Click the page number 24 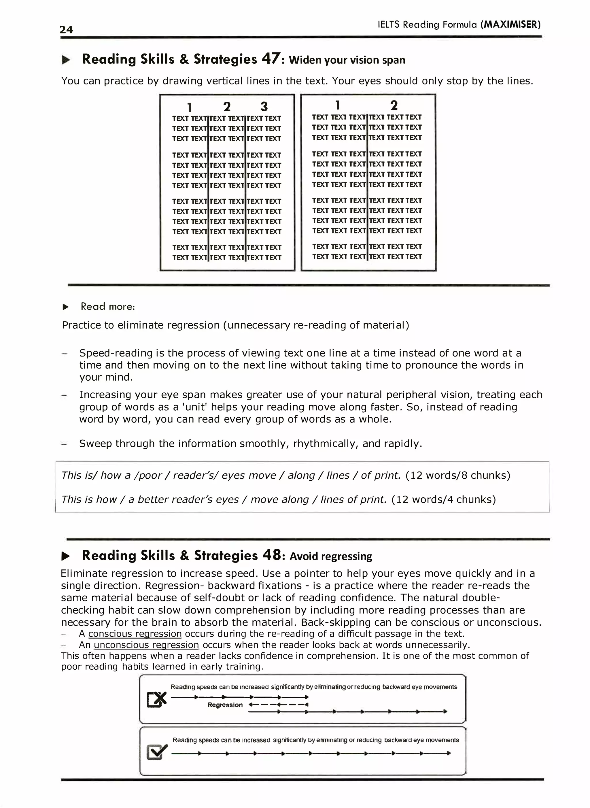pos(66,30)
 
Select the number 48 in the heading pos(272,555)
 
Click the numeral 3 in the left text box pos(264,106)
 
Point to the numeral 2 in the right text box pos(394,105)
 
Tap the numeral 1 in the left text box pos(189,107)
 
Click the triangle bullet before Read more pos(66,307)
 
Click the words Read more pos(107,307)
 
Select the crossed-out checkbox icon pos(157,699)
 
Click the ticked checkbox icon pos(157,752)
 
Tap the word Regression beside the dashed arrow pos(225,705)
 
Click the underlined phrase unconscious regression pos(146,645)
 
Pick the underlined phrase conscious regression pos(135,634)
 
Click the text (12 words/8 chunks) pos(458,475)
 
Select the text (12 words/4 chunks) pos(444,499)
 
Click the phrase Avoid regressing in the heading pos(331,556)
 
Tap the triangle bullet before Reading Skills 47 pos(66,60)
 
